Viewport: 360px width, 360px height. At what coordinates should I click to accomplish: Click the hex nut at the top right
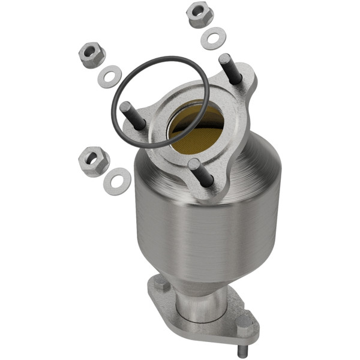click(200, 14)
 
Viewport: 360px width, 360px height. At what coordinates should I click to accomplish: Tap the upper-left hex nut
click(92, 55)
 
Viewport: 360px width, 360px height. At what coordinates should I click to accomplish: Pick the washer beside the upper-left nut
click(109, 77)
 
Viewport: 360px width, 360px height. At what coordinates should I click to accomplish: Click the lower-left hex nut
click(94, 160)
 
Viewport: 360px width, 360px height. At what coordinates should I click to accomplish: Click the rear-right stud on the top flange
click(230, 68)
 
